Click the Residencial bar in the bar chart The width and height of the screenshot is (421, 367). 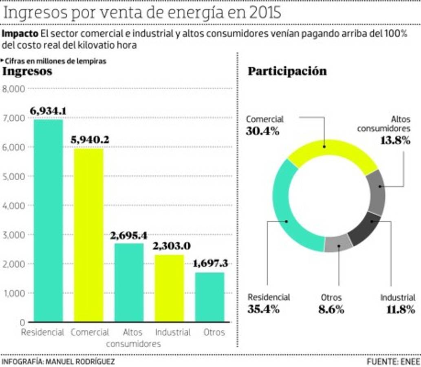48,220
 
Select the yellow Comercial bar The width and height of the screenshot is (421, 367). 88,235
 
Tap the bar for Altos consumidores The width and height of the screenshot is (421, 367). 129,282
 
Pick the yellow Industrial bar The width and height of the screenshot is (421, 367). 169,288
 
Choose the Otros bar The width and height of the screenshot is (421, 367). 209,297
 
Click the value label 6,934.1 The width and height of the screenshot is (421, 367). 48,111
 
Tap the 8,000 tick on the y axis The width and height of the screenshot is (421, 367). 14,88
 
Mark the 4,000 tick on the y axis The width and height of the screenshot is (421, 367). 14,206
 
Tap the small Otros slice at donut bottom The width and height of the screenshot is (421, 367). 338,243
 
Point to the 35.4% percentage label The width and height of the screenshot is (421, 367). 263,309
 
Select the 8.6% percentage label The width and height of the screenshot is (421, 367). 331,310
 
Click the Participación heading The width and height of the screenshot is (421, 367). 287,71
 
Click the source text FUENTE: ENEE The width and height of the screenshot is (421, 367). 393,362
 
